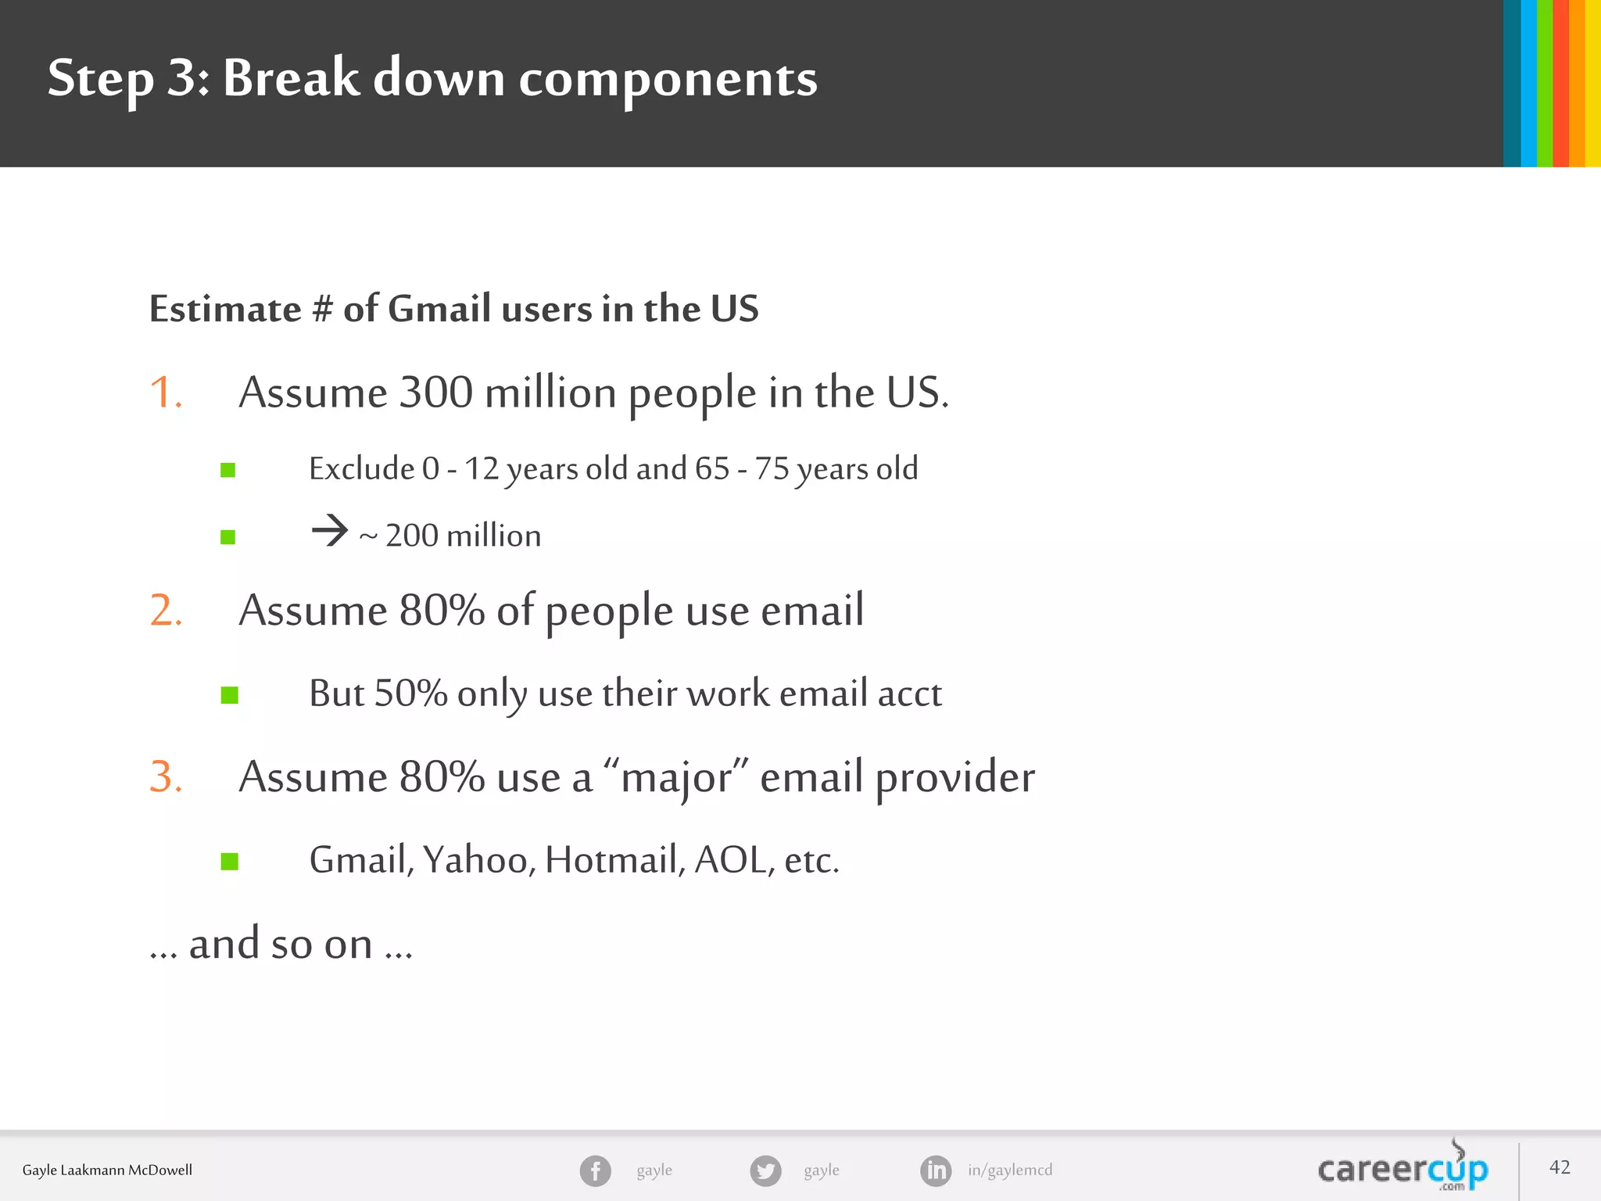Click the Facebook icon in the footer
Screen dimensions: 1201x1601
[595, 1171]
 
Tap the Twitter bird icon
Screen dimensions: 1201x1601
[765, 1171]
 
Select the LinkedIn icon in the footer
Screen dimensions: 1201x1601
[936, 1171]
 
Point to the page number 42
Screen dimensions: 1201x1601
[1560, 1167]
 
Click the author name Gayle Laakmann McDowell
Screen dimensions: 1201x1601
[107, 1171]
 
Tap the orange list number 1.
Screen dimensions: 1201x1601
[165, 392]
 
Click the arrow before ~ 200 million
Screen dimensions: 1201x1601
[329, 531]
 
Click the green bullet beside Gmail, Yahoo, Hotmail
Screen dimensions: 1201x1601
[229, 862]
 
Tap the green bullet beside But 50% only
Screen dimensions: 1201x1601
[229, 695]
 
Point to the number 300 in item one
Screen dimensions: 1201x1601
[435, 392]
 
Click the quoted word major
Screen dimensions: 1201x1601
[677, 778]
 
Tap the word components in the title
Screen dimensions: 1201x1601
[668, 79]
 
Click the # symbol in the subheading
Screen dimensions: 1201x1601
[321, 309]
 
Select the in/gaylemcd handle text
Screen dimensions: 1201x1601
[1010, 1171]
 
